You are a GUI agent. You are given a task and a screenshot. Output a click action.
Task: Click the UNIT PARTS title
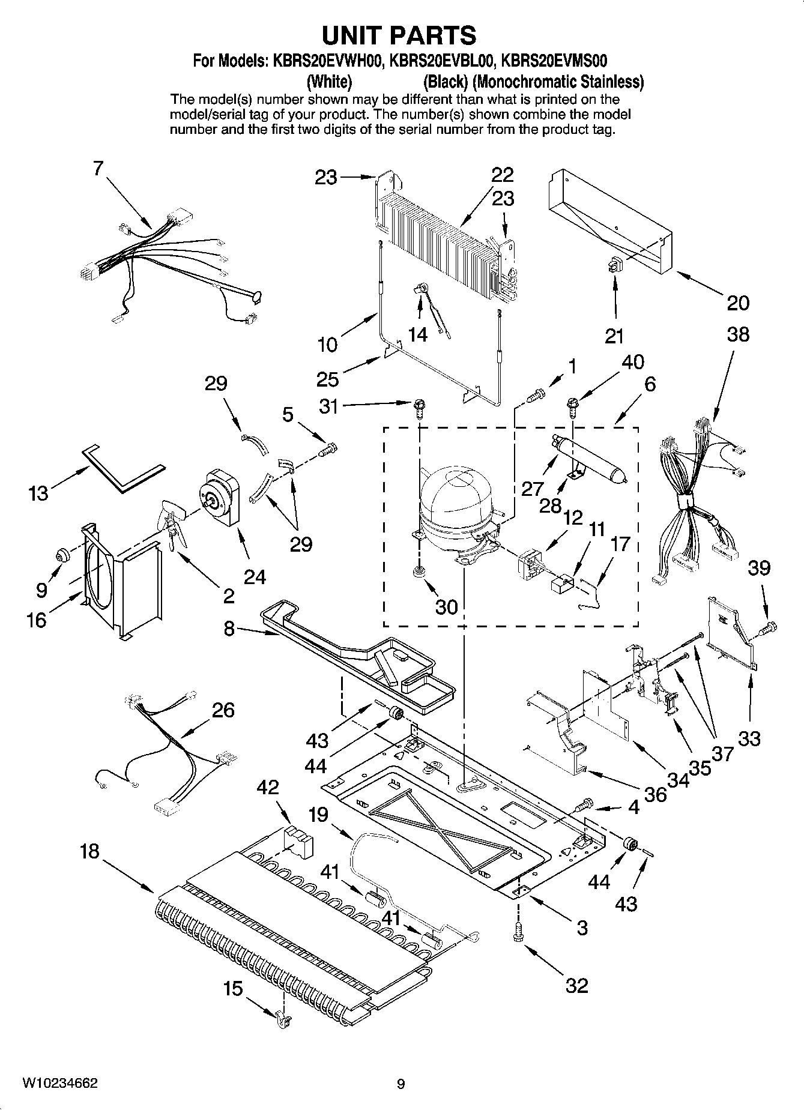(399, 36)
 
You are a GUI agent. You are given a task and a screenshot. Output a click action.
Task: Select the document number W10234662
(60, 1083)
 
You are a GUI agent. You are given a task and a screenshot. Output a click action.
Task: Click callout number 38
(738, 334)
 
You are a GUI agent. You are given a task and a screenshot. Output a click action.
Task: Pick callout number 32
(576, 985)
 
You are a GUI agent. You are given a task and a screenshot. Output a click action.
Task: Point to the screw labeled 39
(770, 629)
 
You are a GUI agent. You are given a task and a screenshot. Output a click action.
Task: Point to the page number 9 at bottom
(401, 1084)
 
